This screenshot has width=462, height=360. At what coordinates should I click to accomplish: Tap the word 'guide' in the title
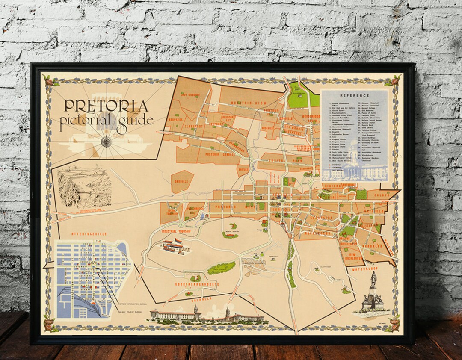(x=136, y=119)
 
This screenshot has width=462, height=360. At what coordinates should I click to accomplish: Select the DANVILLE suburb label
(x=181, y=181)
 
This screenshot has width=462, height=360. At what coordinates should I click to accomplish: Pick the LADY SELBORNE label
(x=190, y=94)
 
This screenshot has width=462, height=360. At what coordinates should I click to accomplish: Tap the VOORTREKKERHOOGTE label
(x=197, y=284)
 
